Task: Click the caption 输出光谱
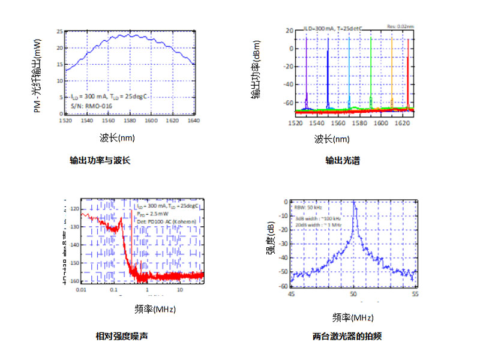click(x=343, y=161)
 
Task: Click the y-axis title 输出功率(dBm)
click(x=256, y=72)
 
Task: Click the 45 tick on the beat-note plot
click(x=292, y=295)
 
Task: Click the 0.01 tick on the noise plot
click(x=81, y=290)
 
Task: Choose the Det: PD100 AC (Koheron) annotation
click(x=165, y=220)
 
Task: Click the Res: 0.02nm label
click(x=400, y=26)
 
